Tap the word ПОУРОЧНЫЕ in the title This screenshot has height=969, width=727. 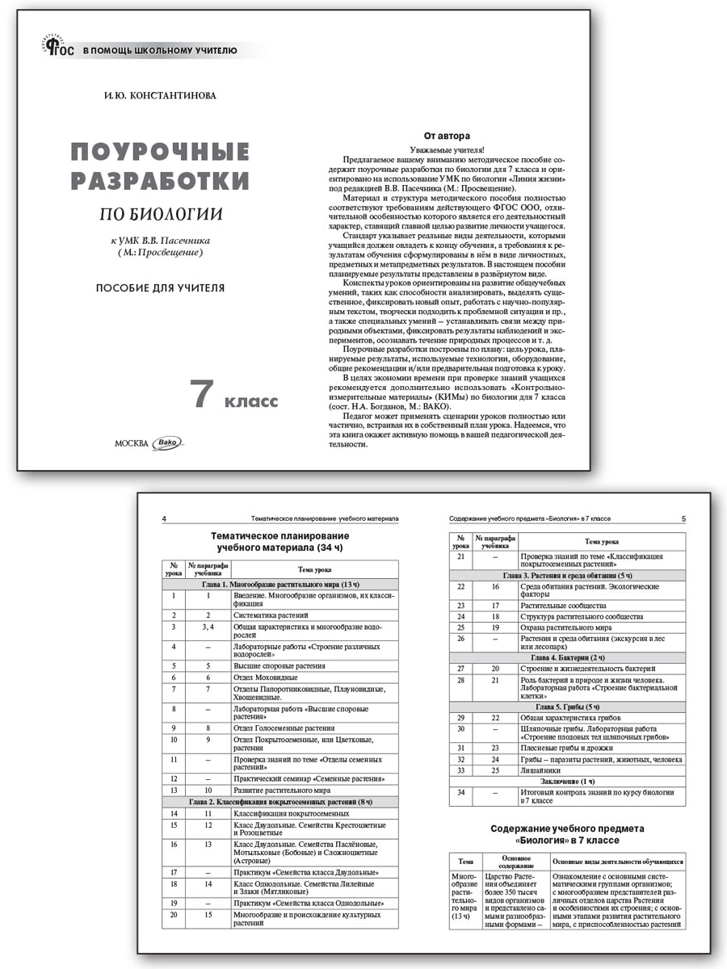160,151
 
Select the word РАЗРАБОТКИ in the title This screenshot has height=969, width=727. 160,180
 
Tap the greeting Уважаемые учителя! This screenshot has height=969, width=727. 447,149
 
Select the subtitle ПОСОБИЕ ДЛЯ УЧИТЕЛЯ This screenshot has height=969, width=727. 160,287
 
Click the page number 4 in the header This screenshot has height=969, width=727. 165,518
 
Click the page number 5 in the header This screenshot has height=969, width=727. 683,518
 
